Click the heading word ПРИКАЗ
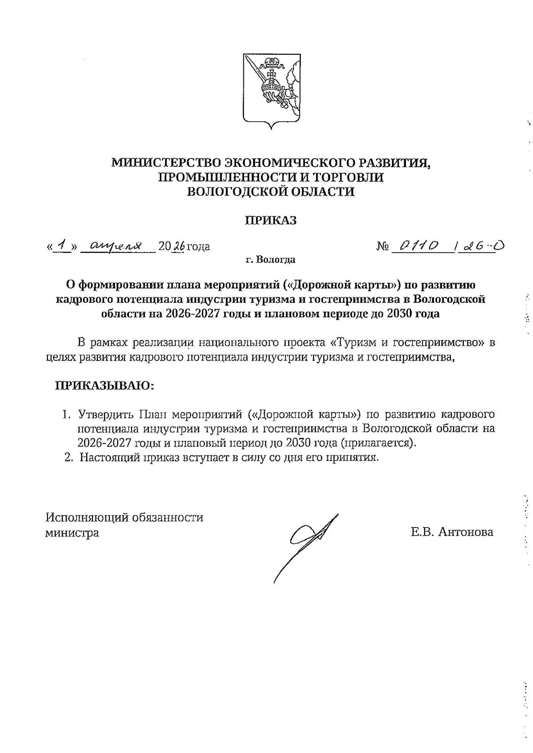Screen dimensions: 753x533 (x=271, y=220)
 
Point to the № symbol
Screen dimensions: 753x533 (x=383, y=246)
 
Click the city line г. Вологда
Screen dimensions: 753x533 (x=270, y=259)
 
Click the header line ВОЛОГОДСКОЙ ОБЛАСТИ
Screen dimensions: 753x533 (x=270, y=192)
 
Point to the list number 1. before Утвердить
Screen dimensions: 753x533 (x=66, y=415)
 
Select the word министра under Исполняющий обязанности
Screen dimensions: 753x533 (x=72, y=533)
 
